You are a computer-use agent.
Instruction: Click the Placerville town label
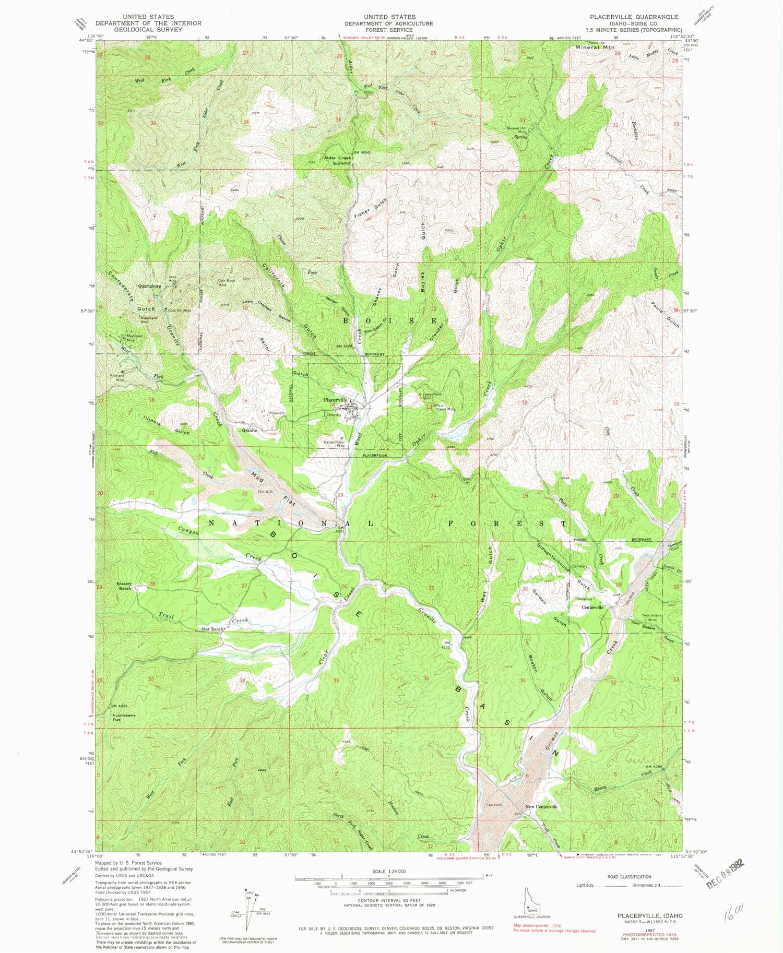tap(335, 400)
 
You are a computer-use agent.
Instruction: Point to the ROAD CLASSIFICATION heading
tap(630, 877)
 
